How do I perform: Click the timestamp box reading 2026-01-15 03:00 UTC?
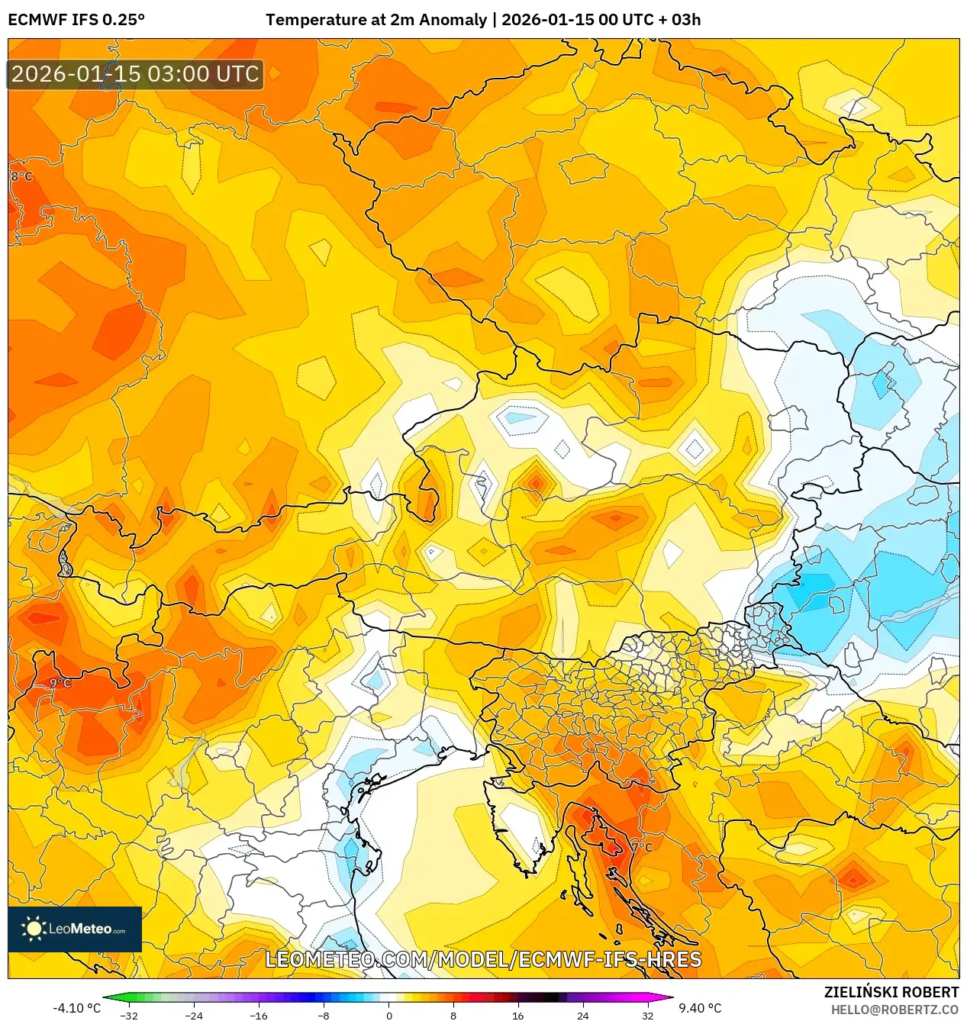pos(135,74)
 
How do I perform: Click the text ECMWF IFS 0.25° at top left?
pos(76,20)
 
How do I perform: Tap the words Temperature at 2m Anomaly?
pos(376,20)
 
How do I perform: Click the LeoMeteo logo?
pos(75,929)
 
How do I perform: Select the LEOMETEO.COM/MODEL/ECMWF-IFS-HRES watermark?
pos(483,959)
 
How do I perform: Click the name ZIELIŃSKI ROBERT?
pos(891,992)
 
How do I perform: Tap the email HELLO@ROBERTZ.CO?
pos(894,1010)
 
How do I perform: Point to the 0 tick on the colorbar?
pos(388,1015)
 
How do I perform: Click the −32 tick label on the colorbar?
pos(129,1015)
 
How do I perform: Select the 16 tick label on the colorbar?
pos(517,1015)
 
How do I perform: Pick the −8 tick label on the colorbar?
pos(324,1015)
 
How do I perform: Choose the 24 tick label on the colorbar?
pos(582,1015)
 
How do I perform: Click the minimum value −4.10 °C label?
pos(76,1008)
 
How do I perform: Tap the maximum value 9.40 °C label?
pos(700,1008)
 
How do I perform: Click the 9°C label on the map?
pos(60,683)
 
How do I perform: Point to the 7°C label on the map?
pos(642,847)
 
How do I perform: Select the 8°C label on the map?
pos(21,176)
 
